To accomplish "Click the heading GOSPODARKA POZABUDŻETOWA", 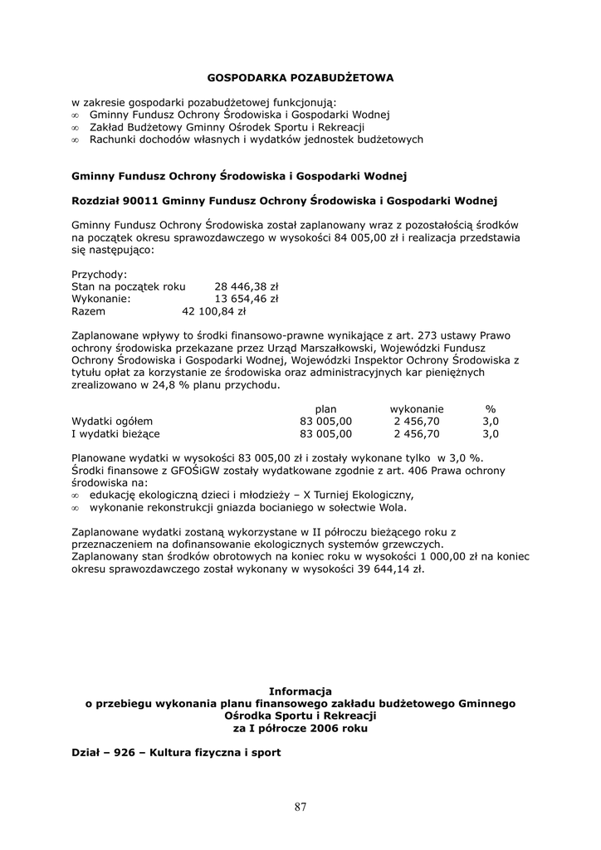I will point(300,78).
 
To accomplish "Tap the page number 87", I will point(300,806).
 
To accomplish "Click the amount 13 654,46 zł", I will point(247,300).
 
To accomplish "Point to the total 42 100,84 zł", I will point(214,313).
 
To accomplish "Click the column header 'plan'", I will point(325,408).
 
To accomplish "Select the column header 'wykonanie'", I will point(417,408).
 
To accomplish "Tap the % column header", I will point(490,408).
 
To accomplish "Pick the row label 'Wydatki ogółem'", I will point(112,421).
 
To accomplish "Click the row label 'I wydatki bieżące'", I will point(115,433).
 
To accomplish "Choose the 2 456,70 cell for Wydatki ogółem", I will point(417,421).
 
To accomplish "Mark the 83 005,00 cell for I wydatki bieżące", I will point(325,433).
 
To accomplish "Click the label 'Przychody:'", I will point(100,274).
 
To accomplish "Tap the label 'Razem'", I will point(89,313).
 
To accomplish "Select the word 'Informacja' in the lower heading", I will point(300,691).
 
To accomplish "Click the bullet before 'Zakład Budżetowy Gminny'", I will point(75,128).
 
